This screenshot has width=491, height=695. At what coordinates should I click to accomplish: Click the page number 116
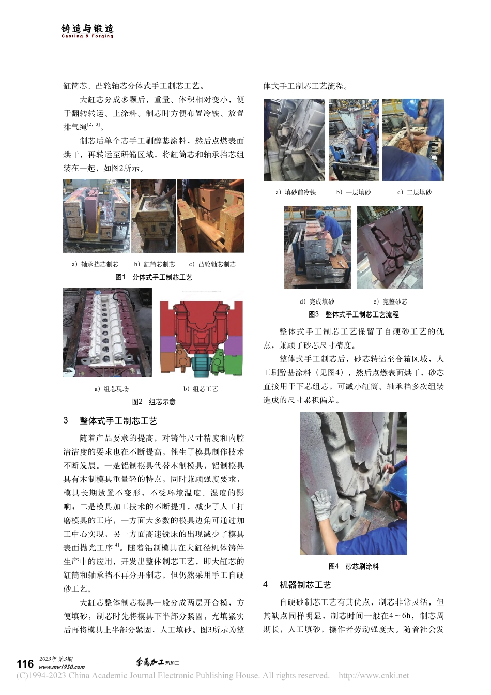coord(25,664)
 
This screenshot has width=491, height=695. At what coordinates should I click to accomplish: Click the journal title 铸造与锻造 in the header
coord(87,29)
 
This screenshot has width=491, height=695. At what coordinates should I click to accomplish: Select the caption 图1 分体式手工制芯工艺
coord(154,278)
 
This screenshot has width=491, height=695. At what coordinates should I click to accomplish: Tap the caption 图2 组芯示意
coord(154,402)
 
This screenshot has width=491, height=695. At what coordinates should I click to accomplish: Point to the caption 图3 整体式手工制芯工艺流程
coord(354,314)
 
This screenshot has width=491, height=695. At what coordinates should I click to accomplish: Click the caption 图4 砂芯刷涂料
coord(354,567)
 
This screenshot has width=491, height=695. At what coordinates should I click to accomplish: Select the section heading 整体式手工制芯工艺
coord(118,421)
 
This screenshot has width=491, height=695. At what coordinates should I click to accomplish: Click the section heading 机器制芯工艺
coord(305,585)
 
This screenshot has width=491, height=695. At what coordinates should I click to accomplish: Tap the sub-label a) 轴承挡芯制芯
coord(95,264)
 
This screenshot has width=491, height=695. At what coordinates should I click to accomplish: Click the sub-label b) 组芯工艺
coord(201,389)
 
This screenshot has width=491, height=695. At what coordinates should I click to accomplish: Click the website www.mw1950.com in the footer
coord(62,667)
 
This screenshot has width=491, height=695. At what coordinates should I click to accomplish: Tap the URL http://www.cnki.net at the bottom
coord(373,675)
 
